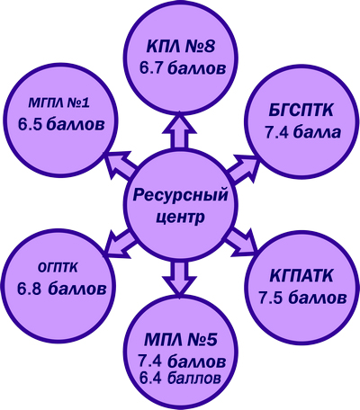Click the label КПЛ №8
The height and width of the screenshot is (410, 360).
click(181, 47)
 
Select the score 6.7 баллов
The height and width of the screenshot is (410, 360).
click(183, 68)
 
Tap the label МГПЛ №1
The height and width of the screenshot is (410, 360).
click(59, 103)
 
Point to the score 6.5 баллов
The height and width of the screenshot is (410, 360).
click(61, 124)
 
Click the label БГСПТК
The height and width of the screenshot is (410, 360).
click(301, 111)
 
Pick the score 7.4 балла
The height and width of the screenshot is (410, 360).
click(303, 132)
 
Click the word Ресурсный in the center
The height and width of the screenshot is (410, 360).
click(180, 195)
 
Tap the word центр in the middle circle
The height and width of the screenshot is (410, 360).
click(181, 217)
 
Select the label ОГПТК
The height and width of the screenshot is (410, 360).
click(58, 268)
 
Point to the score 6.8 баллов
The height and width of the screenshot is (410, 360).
click(62, 289)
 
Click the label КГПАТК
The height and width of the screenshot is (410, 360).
click(301, 276)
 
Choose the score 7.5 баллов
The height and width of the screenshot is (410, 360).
click(302, 298)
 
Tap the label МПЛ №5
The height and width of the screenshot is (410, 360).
click(180, 341)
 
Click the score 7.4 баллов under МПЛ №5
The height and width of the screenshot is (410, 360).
click(182, 361)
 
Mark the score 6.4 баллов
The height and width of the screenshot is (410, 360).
click(180, 378)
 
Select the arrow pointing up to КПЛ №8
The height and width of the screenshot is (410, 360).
click(179, 130)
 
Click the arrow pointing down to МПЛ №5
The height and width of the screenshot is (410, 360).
click(179, 277)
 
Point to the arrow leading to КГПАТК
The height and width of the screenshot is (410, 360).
click(242, 242)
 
